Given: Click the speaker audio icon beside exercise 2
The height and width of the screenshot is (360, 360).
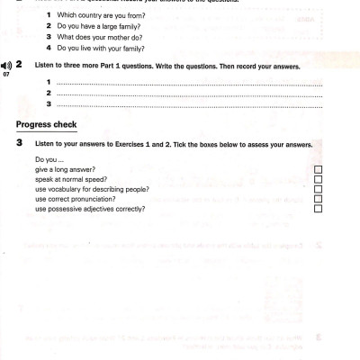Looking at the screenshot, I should tap(6, 66).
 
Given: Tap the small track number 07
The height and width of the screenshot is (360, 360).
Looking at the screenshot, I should tap(5, 74).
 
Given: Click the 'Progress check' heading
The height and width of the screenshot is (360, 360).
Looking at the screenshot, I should tap(46, 124).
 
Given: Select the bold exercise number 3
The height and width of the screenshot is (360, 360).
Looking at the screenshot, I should tap(19, 143).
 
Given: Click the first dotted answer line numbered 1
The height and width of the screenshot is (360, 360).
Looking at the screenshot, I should tap(188, 84).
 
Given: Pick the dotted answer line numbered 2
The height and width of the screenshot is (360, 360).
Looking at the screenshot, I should tap(188, 94).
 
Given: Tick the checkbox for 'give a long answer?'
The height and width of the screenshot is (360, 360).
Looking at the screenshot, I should tap(317, 169).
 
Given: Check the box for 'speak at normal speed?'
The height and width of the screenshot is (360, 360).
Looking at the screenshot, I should tap(317, 179).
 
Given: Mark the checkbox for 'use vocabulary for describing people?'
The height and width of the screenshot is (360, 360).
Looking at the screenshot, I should tap(317, 189).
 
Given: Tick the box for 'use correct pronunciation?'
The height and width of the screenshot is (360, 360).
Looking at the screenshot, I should tap(317, 199).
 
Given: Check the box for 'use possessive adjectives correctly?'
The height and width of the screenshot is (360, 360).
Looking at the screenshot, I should tap(317, 209).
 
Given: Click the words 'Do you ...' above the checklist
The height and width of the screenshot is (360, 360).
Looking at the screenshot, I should tap(49, 159).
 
